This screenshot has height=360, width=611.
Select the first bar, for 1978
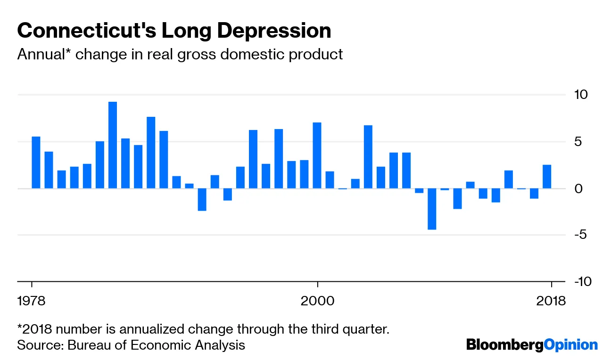[x=36, y=163]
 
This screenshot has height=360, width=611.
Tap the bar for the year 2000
[x=317, y=155]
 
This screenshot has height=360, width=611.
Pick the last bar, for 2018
[x=547, y=177]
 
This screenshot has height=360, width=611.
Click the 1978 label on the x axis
[x=32, y=301]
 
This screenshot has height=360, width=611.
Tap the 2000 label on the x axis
[x=318, y=301]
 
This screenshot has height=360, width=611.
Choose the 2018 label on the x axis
[x=551, y=301]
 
